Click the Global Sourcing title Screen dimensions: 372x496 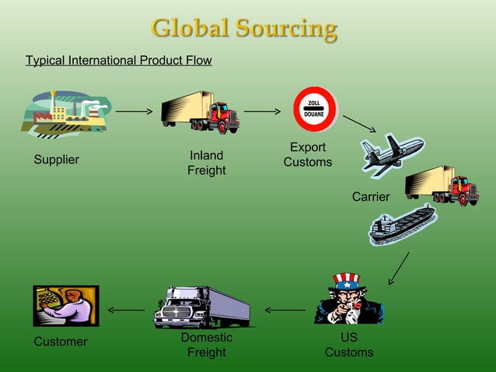244,29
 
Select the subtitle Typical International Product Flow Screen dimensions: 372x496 118,60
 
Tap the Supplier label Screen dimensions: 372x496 56,160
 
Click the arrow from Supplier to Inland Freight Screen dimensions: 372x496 134,112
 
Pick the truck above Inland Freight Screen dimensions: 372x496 200,112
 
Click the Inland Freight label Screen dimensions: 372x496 206,163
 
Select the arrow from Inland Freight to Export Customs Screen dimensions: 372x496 262,112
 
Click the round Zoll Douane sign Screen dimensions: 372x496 314,108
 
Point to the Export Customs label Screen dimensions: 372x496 307,155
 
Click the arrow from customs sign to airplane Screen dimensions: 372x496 359,124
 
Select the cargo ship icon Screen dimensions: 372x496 402,225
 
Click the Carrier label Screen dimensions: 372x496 371,197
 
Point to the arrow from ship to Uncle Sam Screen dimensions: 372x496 399,268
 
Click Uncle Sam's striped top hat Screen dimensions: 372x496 346,280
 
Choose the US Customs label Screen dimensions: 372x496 349,346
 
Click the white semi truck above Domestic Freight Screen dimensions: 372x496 201,307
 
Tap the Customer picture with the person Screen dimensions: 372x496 66,305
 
